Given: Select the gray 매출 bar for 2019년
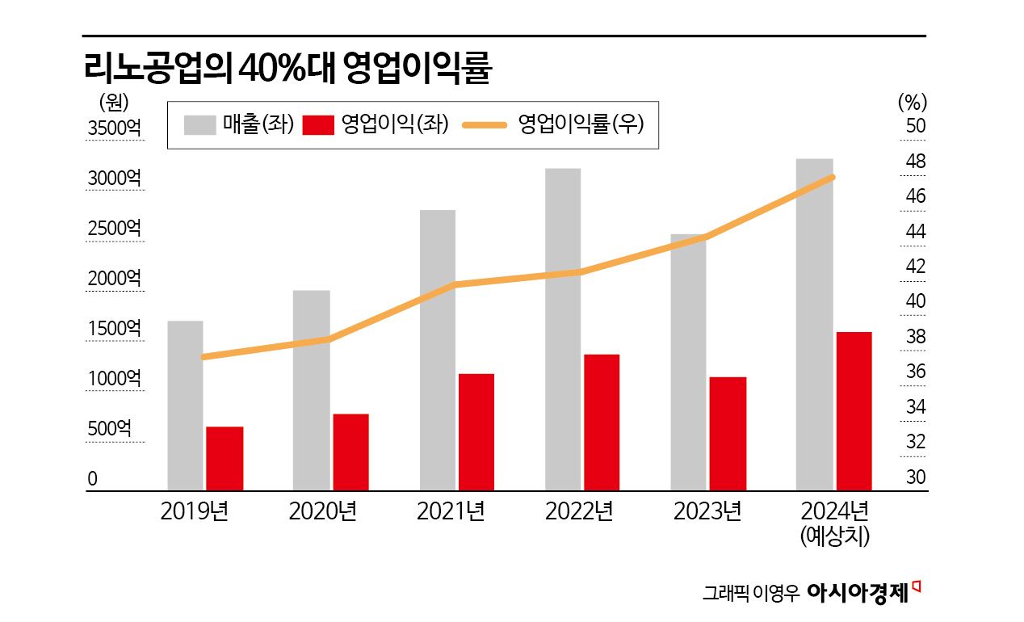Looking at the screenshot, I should pyautogui.click(x=185, y=405).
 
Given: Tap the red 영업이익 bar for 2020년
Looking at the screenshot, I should pyautogui.click(x=350, y=452).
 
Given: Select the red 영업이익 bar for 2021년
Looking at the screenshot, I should pyautogui.click(x=476, y=431).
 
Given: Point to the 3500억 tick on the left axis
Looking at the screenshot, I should pyautogui.click(x=114, y=128).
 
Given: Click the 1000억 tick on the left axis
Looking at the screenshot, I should pyautogui.click(x=114, y=378).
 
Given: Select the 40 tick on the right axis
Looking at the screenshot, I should pyautogui.click(x=915, y=301).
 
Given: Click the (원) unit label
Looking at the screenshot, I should pyautogui.click(x=113, y=103).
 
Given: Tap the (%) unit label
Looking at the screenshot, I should pyautogui.click(x=913, y=103).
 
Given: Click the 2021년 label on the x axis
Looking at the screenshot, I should pyautogui.click(x=451, y=511).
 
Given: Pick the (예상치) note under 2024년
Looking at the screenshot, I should pyautogui.click(x=834, y=536).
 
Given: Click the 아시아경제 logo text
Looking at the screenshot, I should pyautogui.click(x=858, y=592).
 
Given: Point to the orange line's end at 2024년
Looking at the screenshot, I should pyautogui.click(x=832, y=177).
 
